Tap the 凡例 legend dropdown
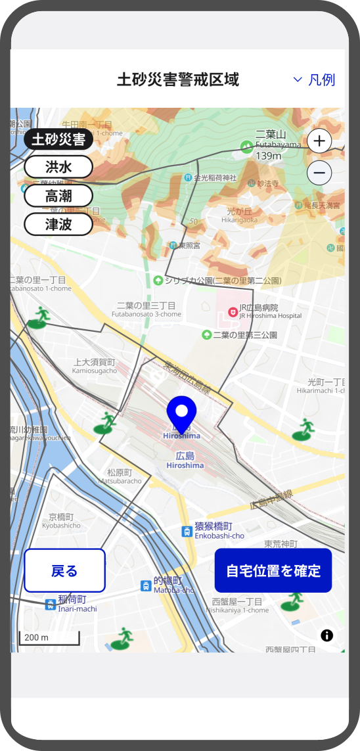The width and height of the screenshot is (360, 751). [314, 80]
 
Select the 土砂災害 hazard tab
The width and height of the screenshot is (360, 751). [58, 139]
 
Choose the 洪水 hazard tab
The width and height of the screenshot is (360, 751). [58, 167]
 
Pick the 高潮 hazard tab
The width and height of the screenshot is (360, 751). [58, 196]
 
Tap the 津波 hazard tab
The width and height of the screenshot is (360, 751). [58, 224]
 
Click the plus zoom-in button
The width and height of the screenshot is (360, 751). [319, 141]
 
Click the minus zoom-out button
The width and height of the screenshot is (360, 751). [319, 173]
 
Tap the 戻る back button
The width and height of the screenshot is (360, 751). [64, 570]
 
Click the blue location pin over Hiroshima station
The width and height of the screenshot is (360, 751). [182, 413]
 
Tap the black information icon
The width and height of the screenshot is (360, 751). [327, 635]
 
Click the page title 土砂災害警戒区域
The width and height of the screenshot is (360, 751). [178, 80]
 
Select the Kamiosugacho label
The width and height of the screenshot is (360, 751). [94, 366]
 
